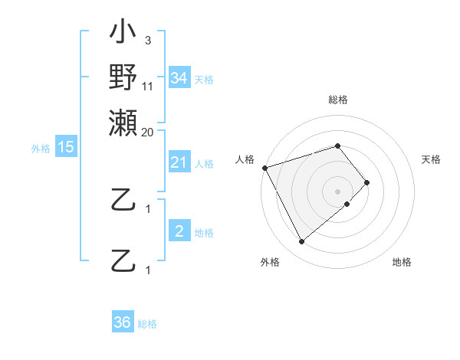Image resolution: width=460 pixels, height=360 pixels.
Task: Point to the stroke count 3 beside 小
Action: coord(147,41)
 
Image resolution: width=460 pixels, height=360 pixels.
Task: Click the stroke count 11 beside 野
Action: coord(148,86)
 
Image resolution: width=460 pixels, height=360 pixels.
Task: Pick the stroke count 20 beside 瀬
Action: coord(148,132)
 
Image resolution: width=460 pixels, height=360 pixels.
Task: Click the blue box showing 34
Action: coord(179,77)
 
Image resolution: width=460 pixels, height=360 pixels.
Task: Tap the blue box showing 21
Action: coord(179,162)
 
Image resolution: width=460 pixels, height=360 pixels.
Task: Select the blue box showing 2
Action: coord(179,231)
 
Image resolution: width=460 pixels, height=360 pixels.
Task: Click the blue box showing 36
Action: coord(123,322)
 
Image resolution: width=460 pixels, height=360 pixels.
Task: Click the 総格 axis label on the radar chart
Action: coord(338,100)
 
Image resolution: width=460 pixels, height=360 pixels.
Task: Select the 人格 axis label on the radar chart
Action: coord(245,159)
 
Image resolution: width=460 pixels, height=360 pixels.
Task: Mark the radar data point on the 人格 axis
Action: coord(264,168)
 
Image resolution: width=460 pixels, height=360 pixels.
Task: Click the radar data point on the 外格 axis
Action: coord(301,242)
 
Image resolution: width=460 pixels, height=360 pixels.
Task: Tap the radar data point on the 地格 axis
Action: coord(347,204)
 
